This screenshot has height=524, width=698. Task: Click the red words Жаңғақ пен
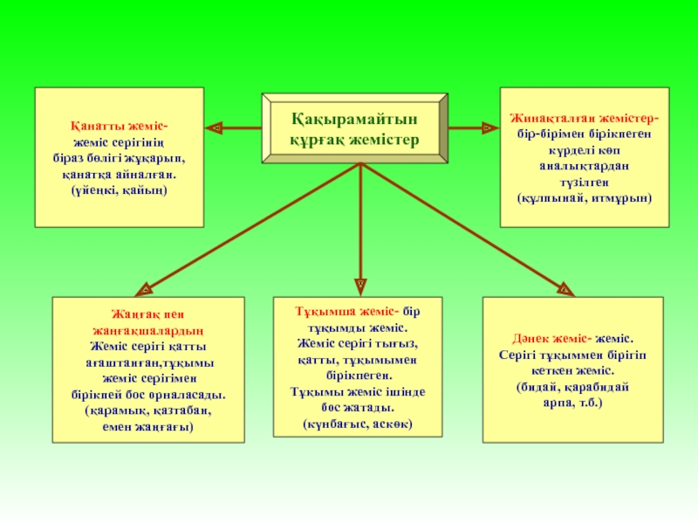(146, 314)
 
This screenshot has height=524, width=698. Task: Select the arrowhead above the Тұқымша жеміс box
(359, 285)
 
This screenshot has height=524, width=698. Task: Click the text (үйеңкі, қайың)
(120, 190)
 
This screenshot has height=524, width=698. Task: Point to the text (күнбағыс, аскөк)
(358, 424)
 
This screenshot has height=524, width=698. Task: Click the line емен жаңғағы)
(147, 426)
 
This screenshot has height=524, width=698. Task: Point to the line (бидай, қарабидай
(572, 385)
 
